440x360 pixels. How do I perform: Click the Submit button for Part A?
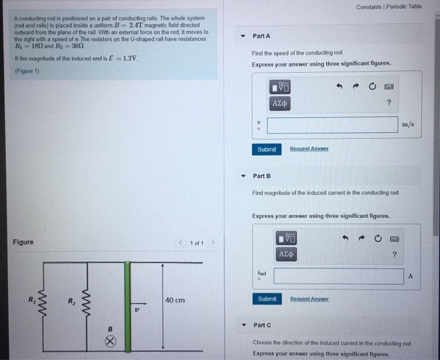click(267, 149)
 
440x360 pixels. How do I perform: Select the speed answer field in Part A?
click(331, 124)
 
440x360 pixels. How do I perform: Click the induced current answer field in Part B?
click(338, 276)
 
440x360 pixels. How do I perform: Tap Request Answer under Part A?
click(309, 149)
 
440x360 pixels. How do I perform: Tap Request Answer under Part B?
click(309, 299)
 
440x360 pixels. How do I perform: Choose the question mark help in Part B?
click(394, 254)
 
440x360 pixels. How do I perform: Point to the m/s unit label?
click(407, 125)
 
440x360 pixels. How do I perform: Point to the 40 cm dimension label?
click(175, 300)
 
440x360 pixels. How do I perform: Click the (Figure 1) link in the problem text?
click(28, 72)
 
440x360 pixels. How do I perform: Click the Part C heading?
click(261, 325)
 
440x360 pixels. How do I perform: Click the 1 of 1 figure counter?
click(197, 243)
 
